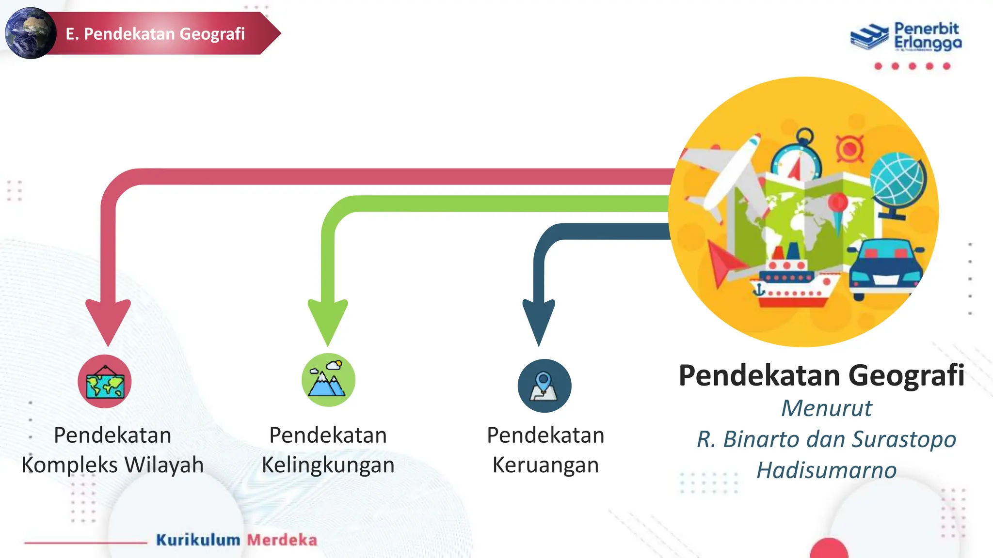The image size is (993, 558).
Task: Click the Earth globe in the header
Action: [x=30, y=33]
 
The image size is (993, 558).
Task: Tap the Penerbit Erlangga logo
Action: [x=906, y=36]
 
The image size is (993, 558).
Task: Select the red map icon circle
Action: [x=105, y=382]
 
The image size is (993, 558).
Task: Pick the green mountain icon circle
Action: [x=328, y=380]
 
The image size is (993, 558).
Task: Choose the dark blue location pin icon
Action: [x=544, y=386]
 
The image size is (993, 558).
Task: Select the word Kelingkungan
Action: [x=328, y=465]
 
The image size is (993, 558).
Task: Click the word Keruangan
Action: [x=545, y=465]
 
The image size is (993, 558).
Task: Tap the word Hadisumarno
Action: [x=827, y=470]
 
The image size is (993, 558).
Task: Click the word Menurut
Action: [x=827, y=408]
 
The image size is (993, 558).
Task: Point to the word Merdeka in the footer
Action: [x=282, y=540]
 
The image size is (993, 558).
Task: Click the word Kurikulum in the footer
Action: [x=198, y=540]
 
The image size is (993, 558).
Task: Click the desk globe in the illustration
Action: [x=897, y=185]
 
